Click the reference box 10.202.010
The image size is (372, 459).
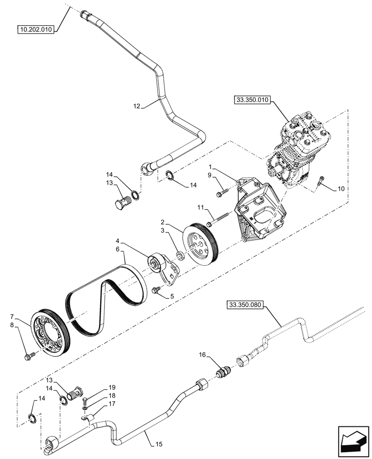point(36,30)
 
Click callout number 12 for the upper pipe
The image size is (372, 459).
point(137,106)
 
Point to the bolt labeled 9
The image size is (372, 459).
point(223,193)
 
